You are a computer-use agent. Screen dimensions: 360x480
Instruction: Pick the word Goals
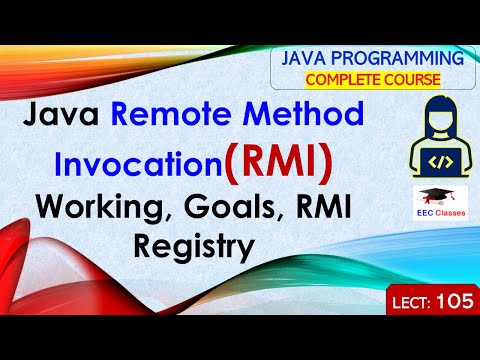click(x=217, y=209)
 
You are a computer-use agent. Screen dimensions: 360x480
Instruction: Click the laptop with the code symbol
click(x=418, y=160)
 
